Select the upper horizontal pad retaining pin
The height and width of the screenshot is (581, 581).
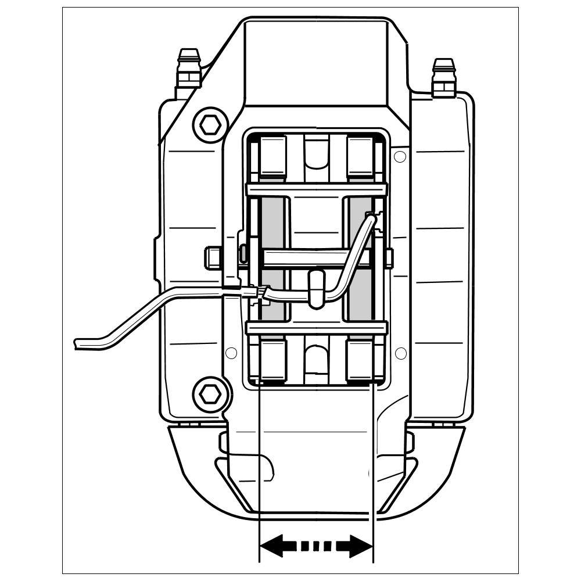click(x=317, y=189)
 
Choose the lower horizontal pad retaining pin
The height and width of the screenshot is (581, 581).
click(x=317, y=329)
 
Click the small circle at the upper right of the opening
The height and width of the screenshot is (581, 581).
click(x=399, y=156)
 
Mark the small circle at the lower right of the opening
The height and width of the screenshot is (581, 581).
click(x=400, y=353)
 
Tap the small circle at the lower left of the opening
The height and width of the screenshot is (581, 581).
click(x=231, y=353)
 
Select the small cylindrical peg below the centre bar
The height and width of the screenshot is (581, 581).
click(x=317, y=287)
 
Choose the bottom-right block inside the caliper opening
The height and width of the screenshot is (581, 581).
click(x=360, y=360)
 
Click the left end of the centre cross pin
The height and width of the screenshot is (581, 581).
click(x=213, y=257)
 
